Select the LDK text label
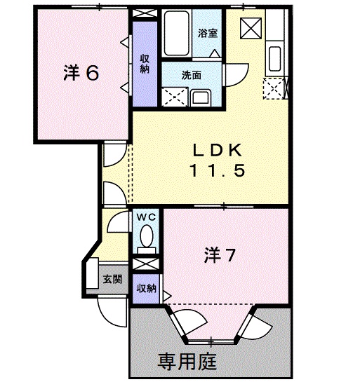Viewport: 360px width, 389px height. pos(218,149)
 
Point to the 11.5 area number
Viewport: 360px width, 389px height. pos(218,170)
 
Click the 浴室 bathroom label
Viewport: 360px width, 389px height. pos(207,32)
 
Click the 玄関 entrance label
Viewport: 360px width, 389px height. pos(113,278)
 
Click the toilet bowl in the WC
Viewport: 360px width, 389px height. pos(146,242)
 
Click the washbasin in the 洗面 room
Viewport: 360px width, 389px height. pos(199,97)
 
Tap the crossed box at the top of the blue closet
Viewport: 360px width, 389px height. pos(145,14)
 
